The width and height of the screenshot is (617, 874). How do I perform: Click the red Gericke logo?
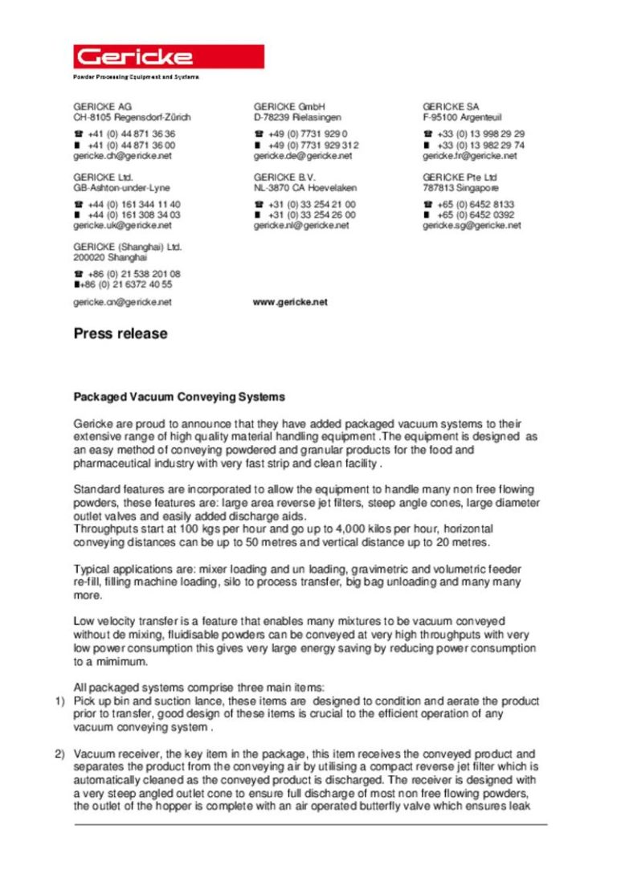click(169, 56)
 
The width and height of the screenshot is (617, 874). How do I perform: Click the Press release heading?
click(121, 333)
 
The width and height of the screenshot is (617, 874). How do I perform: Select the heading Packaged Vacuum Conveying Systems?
click(179, 397)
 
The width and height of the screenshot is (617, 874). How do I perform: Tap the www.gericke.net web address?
click(290, 302)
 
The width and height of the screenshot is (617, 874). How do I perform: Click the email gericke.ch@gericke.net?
click(122, 156)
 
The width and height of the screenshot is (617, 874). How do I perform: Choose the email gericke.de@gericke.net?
click(302, 156)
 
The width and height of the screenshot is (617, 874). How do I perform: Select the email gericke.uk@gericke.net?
click(122, 226)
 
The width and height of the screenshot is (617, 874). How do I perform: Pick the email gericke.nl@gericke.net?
click(301, 226)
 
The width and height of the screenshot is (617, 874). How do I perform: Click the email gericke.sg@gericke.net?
click(472, 226)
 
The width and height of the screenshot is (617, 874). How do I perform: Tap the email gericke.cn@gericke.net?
click(122, 302)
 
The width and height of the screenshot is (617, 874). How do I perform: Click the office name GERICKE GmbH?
click(288, 106)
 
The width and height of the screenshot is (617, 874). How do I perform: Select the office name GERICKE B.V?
click(284, 177)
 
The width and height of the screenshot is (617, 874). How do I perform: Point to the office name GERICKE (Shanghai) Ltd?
click(127, 247)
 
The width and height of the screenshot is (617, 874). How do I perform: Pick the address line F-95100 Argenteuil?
click(462, 117)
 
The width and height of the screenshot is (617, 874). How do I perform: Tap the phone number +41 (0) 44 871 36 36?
click(132, 134)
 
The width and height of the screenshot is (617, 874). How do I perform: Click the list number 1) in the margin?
click(59, 701)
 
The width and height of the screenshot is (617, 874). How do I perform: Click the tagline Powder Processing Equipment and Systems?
click(136, 77)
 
